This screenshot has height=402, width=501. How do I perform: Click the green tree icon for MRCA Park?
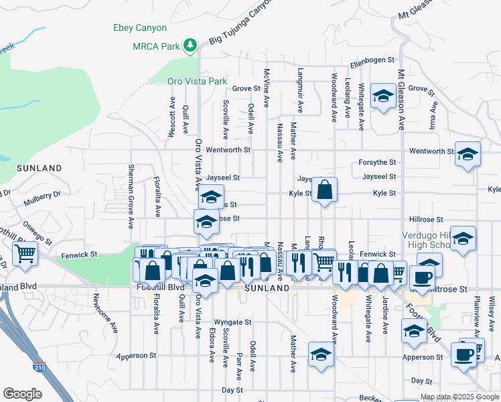192,45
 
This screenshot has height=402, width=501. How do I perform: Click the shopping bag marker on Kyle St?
324,190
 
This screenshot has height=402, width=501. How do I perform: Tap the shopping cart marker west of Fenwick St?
25,255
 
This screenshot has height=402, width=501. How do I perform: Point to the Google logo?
22,393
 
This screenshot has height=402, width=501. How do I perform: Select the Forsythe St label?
378,162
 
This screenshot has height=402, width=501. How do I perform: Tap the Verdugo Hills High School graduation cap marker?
462,239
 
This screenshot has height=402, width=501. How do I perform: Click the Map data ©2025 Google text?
459,397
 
